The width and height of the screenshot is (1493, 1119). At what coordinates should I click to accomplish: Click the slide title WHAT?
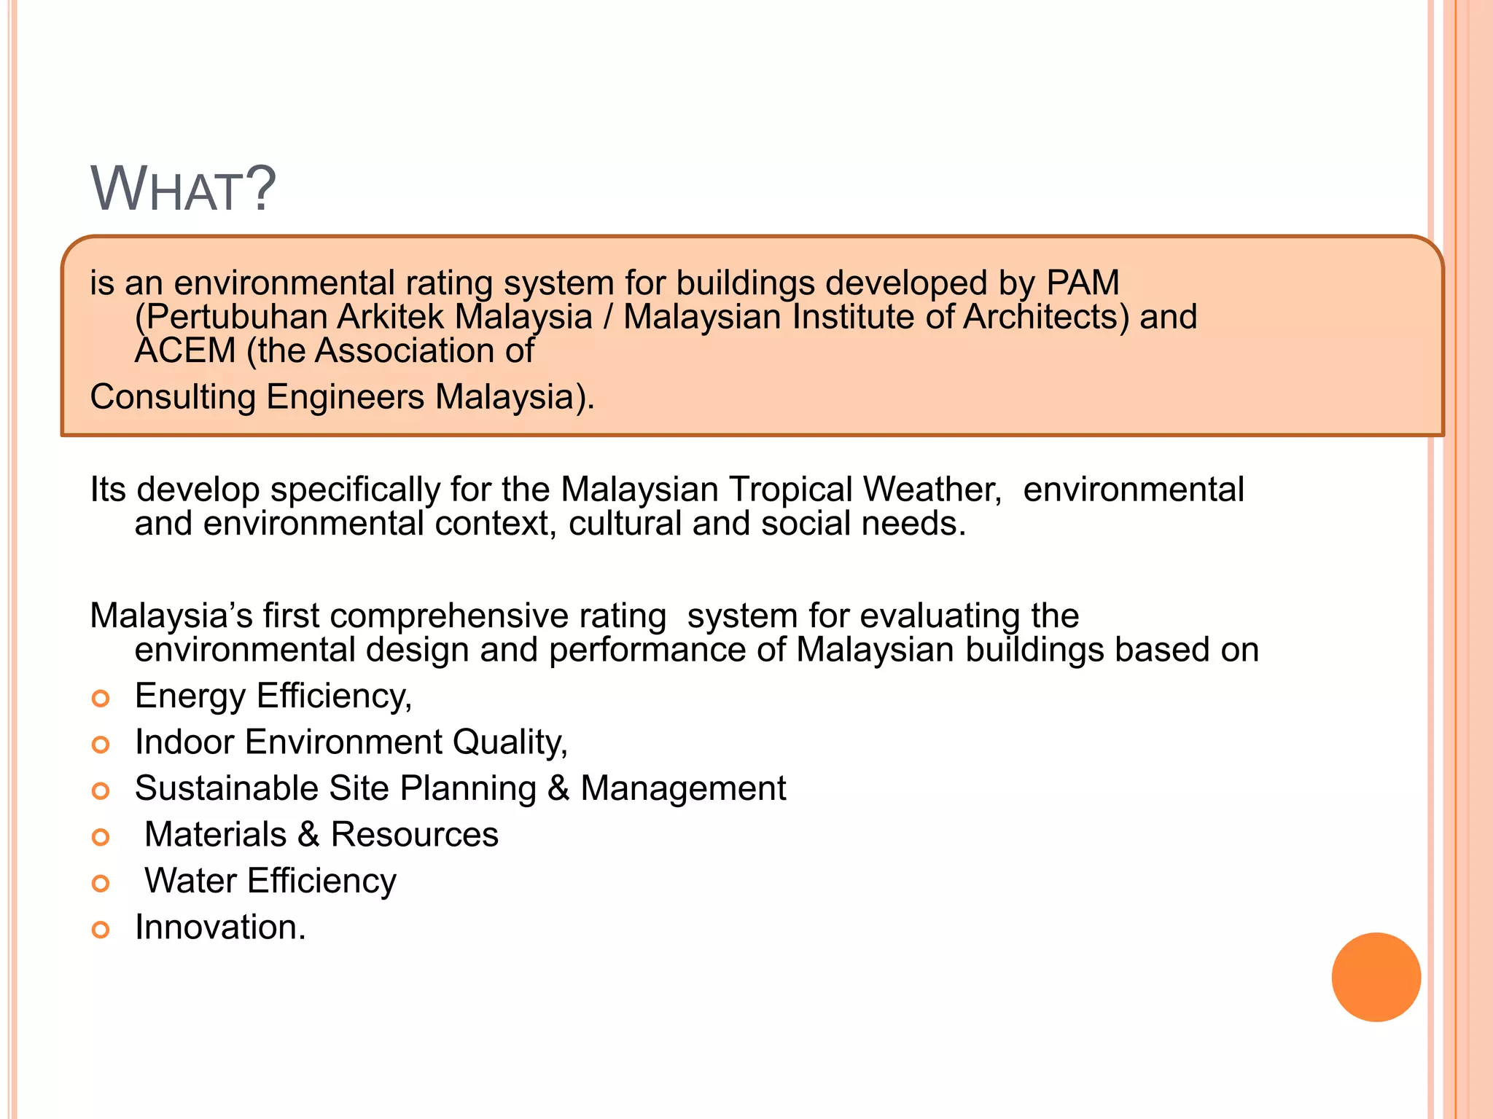[183, 189]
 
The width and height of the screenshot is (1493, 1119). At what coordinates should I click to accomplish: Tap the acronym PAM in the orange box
[1083, 283]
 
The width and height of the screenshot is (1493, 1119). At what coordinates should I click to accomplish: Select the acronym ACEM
[185, 351]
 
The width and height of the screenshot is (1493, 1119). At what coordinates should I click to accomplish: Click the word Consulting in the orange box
[172, 397]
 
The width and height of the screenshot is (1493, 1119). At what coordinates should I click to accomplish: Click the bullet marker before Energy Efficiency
[101, 699]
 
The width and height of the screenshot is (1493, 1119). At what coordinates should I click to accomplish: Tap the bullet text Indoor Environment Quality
[351, 742]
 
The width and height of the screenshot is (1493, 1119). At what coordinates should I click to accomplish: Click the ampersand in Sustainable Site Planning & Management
[558, 788]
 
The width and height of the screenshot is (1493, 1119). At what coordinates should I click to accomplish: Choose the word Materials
[216, 834]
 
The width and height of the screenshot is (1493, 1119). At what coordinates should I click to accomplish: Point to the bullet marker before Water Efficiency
[101, 884]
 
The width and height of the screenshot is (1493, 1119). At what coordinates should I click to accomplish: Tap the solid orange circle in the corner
[1376, 977]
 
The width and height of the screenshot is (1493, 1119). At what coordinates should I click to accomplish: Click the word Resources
[414, 834]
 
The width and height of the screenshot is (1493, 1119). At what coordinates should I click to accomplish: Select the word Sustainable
[226, 788]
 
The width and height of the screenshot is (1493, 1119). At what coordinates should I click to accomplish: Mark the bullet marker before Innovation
[101, 930]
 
